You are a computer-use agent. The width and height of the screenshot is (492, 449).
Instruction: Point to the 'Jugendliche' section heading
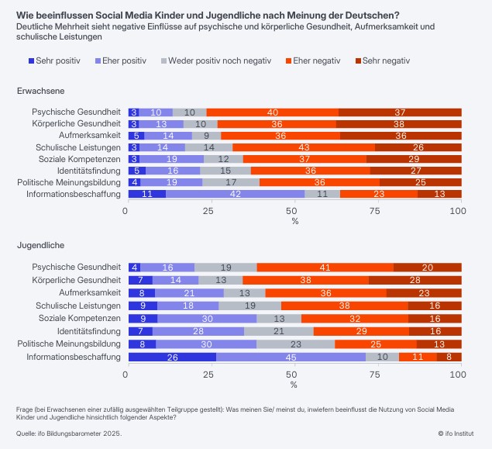coord(40,245)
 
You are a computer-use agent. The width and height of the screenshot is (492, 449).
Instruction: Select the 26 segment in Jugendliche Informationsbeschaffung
coord(171,357)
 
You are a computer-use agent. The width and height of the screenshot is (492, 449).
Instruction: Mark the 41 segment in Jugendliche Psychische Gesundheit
coord(325,268)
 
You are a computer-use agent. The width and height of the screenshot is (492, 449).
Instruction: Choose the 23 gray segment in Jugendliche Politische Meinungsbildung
coord(296,344)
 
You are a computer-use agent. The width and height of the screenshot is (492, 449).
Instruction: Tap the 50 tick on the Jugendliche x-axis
coord(294,375)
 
